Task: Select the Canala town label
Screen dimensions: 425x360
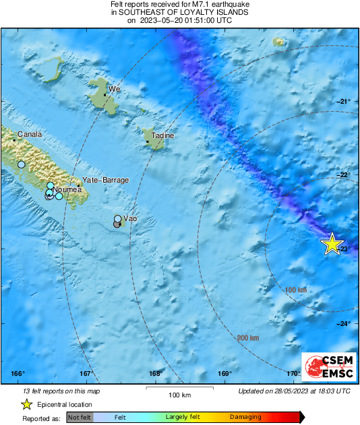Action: coord(30,134)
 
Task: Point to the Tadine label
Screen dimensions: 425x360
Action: coord(162,135)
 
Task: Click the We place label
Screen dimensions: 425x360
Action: coord(115,89)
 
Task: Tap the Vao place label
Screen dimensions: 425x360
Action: coord(131,219)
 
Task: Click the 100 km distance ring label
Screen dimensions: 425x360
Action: coord(296,290)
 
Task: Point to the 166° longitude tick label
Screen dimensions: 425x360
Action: coord(18,374)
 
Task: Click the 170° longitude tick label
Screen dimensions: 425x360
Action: coord(293,374)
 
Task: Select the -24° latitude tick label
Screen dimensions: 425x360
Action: coord(343,323)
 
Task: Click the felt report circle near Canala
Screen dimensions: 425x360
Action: coord(21,164)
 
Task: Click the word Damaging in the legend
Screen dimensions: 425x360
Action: coord(245,418)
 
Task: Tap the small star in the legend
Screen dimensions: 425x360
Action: coord(26,404)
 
